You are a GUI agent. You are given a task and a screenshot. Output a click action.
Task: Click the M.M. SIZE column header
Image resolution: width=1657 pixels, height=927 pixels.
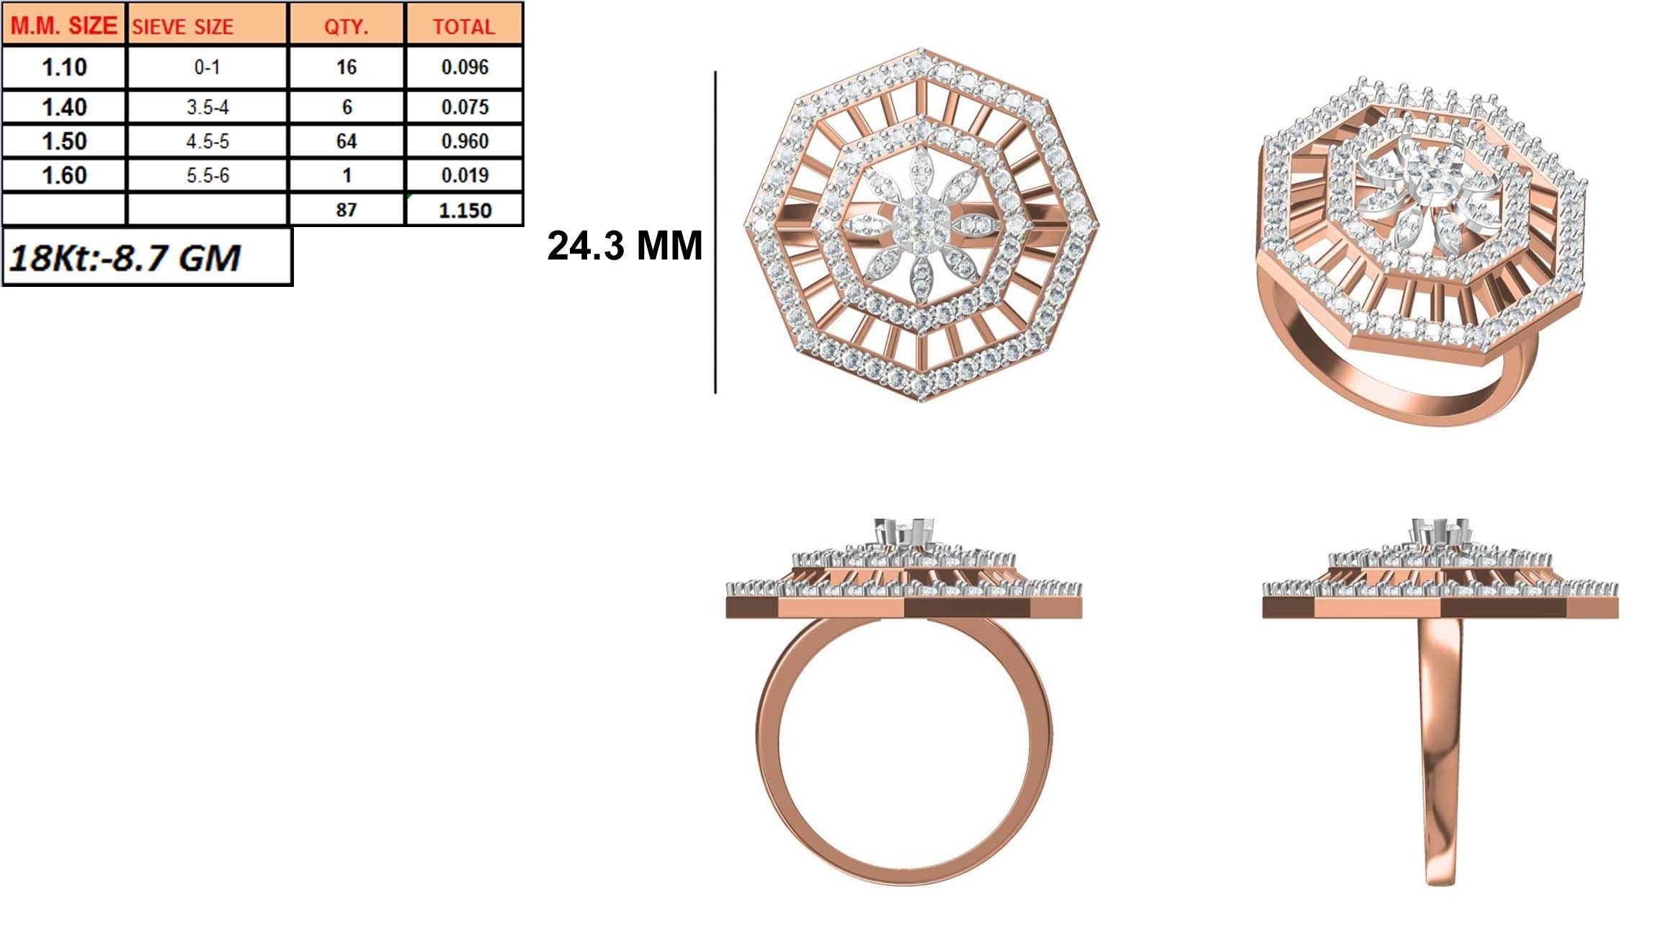click(63, 26)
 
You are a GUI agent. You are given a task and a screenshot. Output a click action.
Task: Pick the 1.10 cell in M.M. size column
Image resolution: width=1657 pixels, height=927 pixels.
click(64, 67)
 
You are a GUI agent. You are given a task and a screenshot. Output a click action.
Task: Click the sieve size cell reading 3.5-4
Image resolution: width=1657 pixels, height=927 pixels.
click(207, 107)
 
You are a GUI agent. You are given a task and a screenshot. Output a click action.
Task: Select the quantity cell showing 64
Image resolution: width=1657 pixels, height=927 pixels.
click(347, 141)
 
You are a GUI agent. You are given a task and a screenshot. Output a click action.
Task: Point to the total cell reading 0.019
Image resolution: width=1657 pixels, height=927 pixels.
click(465, 175)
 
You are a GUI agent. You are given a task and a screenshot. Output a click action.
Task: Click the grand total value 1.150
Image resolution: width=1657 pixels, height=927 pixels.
click(465, 210)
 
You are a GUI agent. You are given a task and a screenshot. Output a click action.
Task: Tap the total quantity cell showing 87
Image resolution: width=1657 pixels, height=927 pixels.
click(347, 210)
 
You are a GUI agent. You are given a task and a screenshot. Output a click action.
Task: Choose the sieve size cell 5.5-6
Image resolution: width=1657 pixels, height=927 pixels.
click(207, 175)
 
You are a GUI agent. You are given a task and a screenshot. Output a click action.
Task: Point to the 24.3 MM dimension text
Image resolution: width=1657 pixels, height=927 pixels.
click(624, 246)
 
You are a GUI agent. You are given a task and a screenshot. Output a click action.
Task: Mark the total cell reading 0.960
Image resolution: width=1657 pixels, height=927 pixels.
click(465, 141)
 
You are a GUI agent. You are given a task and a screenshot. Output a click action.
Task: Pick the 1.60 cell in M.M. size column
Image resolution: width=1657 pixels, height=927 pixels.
click(64, 175)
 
